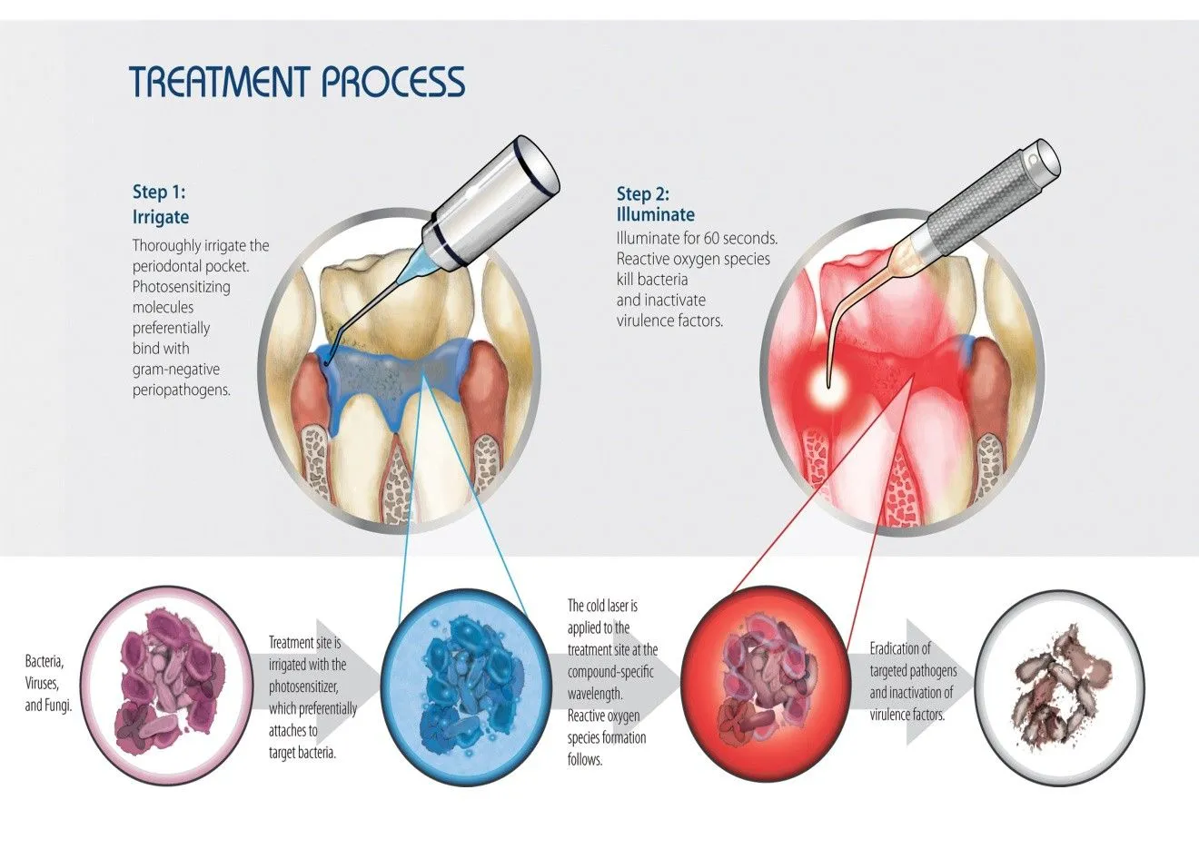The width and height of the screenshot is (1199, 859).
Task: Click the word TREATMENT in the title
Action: click(220, 82)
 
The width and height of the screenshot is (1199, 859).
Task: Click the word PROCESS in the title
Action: click(393, 82)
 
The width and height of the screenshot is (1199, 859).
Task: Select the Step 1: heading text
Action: click(159, 192)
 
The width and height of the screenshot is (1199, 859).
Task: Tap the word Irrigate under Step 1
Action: click(161, 217)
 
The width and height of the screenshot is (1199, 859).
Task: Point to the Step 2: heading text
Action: click(643, 193)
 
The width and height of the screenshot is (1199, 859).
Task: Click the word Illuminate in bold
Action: click(656, 214)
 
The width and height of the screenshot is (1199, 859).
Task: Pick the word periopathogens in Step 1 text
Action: click(182, 390)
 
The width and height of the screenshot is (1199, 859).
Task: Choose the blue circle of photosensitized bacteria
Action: click(466, 687)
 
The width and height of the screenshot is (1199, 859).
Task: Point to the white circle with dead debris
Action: click(1061, 687)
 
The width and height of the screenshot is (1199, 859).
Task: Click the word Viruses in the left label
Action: click(42, 684)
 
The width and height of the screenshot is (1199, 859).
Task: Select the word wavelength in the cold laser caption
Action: click(595, 694)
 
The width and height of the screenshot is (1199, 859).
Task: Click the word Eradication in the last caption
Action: click(900, 648)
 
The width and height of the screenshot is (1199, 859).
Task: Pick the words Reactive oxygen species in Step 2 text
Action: click(693, 259)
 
